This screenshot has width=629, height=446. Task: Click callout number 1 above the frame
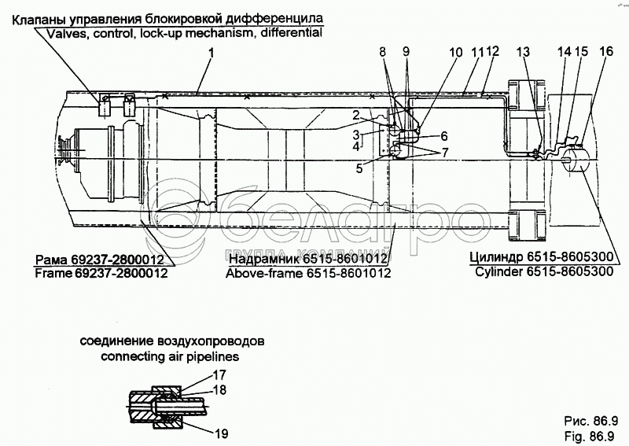pyautogui.click(x=211, y=53)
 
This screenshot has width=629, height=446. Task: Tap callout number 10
pyautogui.click(x=456, y=53)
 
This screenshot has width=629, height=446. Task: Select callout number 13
pyautogui.click(x=523, y=52)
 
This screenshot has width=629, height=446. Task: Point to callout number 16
pyautogui.click(x=606, y=51)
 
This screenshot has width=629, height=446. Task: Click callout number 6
pyautogui.click(x=444, y=136)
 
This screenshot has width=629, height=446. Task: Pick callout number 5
pyautogui.click(x=359, y=168)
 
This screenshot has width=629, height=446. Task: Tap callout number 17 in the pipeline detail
pyautogui.click(x=219, y=375)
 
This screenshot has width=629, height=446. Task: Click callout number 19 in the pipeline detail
pyautogui.click(x=221, y=433)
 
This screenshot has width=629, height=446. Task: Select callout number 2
pyautogui.click(x=356, y=116)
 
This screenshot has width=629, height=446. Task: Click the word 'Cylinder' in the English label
pyautogui.click(x=499, y=272)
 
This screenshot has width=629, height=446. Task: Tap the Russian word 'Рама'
pyautogui.click(x=52, y=259)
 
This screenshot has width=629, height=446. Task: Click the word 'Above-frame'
pyautogui.click(x=264, y=274)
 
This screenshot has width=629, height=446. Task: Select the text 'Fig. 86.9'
pyautogui.click(x=589, y=436)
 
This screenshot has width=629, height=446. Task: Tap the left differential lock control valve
pyautogui.click(x=105, y=105)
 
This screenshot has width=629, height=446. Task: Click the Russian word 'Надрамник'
pyautogui.click(x=264, y=259)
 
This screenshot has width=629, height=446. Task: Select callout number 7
pyautogui.click(x=444, y=152)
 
